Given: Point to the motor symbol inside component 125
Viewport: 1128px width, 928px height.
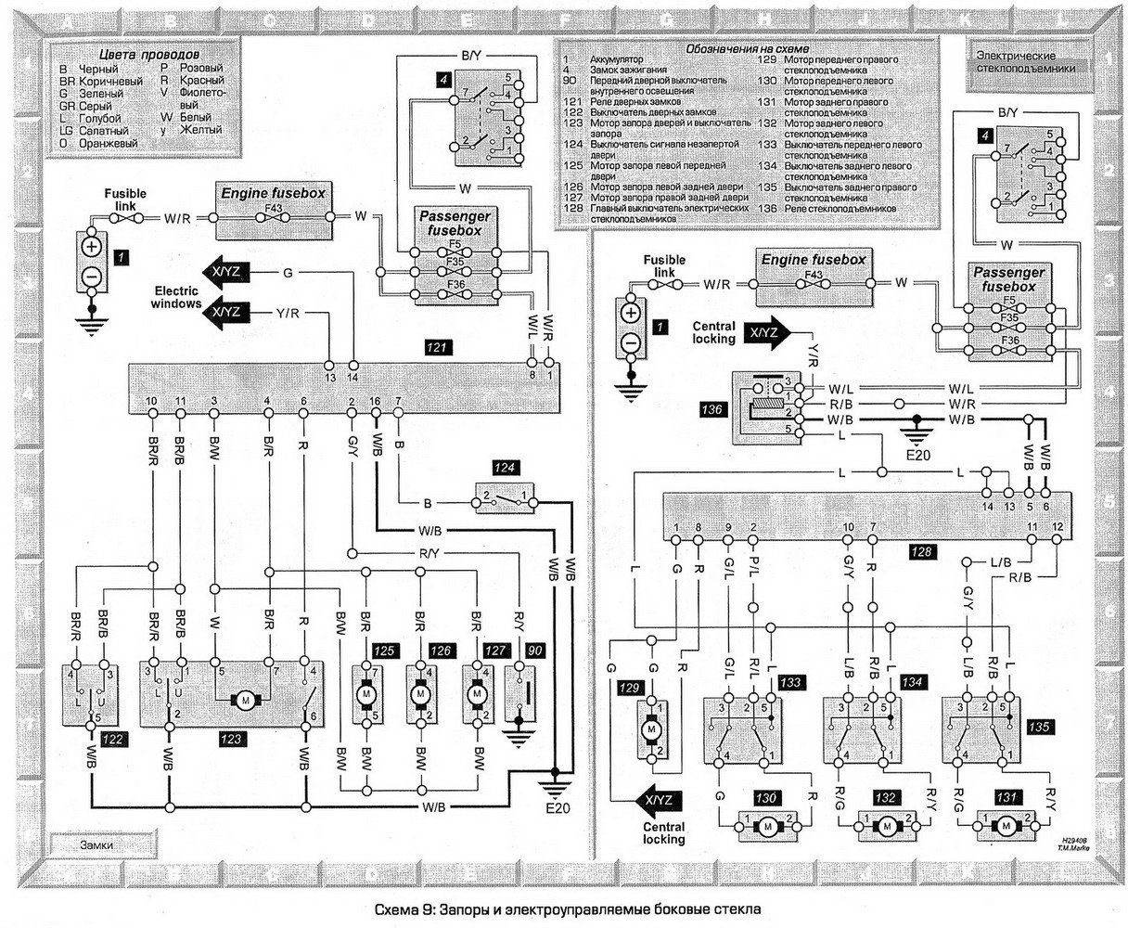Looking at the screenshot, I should coord(366,692).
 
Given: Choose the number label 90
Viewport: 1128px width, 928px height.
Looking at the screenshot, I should coord(534,651).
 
